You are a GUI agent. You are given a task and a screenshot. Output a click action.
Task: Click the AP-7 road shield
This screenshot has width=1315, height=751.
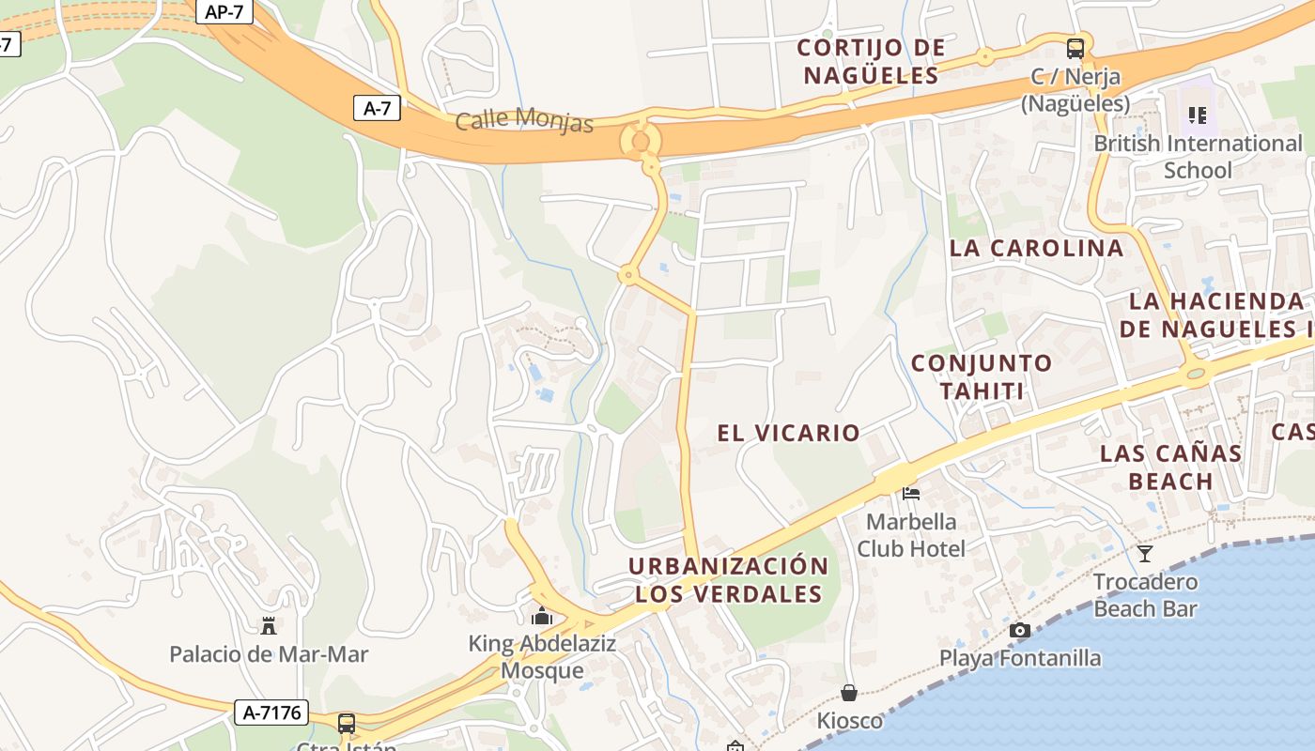coord(225,11)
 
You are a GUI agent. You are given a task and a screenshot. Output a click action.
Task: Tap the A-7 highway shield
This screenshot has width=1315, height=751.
coord(377,108)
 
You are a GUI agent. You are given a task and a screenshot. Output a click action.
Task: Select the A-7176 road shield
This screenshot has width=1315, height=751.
coord(272,713)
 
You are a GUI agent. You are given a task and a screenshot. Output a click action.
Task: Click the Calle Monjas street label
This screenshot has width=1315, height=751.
coord(525,121)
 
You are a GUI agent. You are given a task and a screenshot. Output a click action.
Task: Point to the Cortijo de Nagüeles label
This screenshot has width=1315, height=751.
coord(871,61)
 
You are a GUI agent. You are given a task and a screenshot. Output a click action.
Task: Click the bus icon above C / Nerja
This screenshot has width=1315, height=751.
coord(1075,49)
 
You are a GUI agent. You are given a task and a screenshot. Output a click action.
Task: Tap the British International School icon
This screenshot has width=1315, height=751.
coord(1198,115)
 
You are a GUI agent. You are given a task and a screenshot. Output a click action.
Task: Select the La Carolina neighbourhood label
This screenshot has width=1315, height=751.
coord(1036,248)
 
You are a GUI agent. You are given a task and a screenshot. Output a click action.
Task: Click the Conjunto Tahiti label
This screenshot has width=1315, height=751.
coord(967,376)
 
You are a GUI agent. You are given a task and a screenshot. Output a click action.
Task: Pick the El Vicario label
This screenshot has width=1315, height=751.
coord(788,433)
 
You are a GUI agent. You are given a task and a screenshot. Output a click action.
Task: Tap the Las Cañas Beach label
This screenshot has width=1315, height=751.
coord(1170,467)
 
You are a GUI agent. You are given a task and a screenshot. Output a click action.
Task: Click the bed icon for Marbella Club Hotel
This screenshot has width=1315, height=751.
coord(910,493)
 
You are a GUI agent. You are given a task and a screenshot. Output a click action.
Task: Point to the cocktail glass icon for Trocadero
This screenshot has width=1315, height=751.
coord(1144,554)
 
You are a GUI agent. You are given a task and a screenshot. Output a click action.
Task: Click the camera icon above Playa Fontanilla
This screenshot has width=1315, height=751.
coord(1019,630)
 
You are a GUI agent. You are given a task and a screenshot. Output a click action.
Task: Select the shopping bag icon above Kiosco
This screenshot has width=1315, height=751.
coord(849,693)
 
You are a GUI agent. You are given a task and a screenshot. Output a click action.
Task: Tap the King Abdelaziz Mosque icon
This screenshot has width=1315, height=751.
coord(541,617)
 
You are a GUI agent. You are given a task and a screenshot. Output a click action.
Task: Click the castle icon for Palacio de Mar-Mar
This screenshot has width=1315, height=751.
coord(269,626)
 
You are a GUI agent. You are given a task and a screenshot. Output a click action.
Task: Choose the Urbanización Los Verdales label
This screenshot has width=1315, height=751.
coord(728,579)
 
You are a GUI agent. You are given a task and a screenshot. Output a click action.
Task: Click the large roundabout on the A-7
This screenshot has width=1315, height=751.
coord(641,141)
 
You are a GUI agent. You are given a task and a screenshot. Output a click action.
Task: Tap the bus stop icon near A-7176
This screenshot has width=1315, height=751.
coord(347,723)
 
